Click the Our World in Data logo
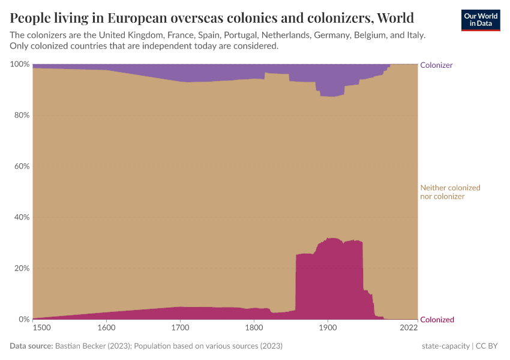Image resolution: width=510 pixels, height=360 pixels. [481, 19]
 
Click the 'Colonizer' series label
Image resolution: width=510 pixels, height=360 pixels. [436, 65]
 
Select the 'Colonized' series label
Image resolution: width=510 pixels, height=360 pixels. [437, 320]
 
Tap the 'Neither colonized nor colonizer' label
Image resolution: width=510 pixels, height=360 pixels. [450, 192]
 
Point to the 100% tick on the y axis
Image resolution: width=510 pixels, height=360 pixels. [20, 64]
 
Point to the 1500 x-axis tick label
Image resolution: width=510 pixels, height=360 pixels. [41, 328]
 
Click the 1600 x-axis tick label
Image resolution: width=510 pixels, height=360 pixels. [106, 328]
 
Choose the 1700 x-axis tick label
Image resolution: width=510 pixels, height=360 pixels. [180, 328]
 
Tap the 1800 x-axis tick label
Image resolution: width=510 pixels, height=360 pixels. [254, 328]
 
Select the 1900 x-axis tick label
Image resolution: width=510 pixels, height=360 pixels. [327, 328]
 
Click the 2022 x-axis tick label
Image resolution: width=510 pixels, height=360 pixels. [409, 328]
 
